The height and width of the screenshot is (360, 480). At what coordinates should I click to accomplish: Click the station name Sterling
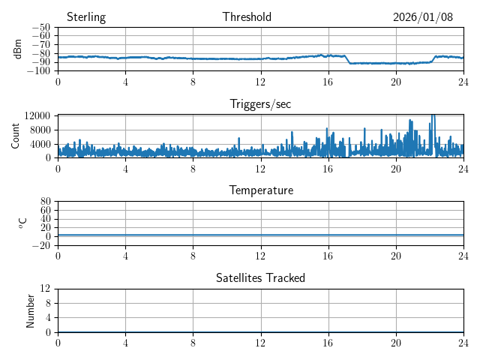pos(85,17)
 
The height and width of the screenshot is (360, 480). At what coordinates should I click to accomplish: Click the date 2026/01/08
pos(422,17)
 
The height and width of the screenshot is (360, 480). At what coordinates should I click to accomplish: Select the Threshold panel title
pos(247,17)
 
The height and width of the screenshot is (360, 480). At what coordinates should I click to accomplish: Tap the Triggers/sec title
pos(260,104)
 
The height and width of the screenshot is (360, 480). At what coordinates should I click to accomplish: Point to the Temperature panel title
pos(260,190)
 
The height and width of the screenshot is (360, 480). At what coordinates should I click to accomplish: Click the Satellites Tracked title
pos(260,277)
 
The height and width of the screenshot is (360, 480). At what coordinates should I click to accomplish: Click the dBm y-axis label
pos(18,49)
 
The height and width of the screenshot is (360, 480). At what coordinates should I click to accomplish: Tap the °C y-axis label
pos(22,223)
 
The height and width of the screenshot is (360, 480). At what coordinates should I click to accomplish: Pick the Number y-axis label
pos(31,310)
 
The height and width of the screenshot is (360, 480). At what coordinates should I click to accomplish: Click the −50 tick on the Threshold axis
pos(40,28)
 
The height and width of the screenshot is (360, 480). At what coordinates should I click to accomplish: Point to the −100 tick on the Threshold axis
pos(38,71)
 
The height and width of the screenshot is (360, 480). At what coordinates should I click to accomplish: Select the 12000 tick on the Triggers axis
pos(37,115)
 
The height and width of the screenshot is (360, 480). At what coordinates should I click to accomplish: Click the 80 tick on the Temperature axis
pos(45,202)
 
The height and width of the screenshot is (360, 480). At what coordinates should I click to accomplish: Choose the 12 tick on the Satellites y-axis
pos(45,289)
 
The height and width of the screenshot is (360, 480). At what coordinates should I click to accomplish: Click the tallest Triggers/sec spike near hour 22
pos(433,117)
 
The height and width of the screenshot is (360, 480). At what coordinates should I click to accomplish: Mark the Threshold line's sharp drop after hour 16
pos(347,59)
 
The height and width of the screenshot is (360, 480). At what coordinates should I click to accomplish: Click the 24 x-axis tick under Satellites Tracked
pos(463,341)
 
